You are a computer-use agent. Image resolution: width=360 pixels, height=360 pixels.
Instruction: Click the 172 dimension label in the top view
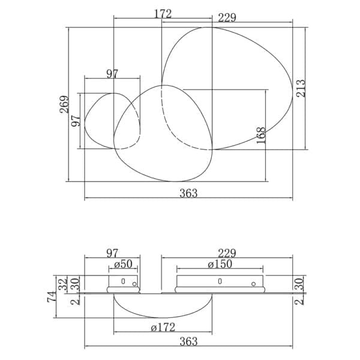tap(163, 14)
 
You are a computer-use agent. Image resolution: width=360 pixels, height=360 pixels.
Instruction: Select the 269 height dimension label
tap(64, 104)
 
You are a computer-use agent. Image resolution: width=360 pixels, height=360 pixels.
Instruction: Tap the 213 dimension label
tap(301, 88)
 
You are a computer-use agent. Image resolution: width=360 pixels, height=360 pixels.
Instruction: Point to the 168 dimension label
tap(261, 136)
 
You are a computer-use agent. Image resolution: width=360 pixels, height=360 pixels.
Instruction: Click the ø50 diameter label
tap(123, 264)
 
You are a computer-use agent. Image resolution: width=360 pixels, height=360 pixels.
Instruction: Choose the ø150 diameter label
tap(220, 264)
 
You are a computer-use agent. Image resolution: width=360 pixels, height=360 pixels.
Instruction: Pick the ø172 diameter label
tap(163, 328)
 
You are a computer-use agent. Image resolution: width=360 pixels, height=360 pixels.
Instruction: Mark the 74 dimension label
tap(52, 296)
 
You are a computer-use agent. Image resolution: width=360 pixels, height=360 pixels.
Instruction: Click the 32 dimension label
tap(62, 284)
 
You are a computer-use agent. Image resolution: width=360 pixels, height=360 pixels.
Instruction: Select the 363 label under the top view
tap(188, 193)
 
